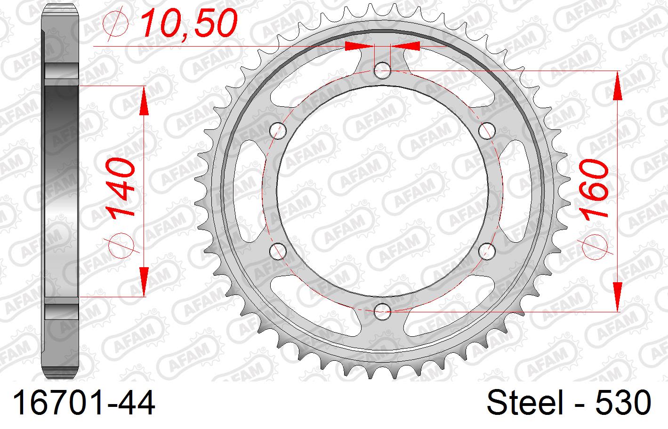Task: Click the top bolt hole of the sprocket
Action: click(383, 71)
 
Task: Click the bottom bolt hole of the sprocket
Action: click(383, 310)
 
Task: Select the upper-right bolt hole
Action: click(487, 130)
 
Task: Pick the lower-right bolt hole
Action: click(487, 250)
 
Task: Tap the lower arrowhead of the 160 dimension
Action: click(617, 296)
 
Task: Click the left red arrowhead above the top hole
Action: click(358, 46)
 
